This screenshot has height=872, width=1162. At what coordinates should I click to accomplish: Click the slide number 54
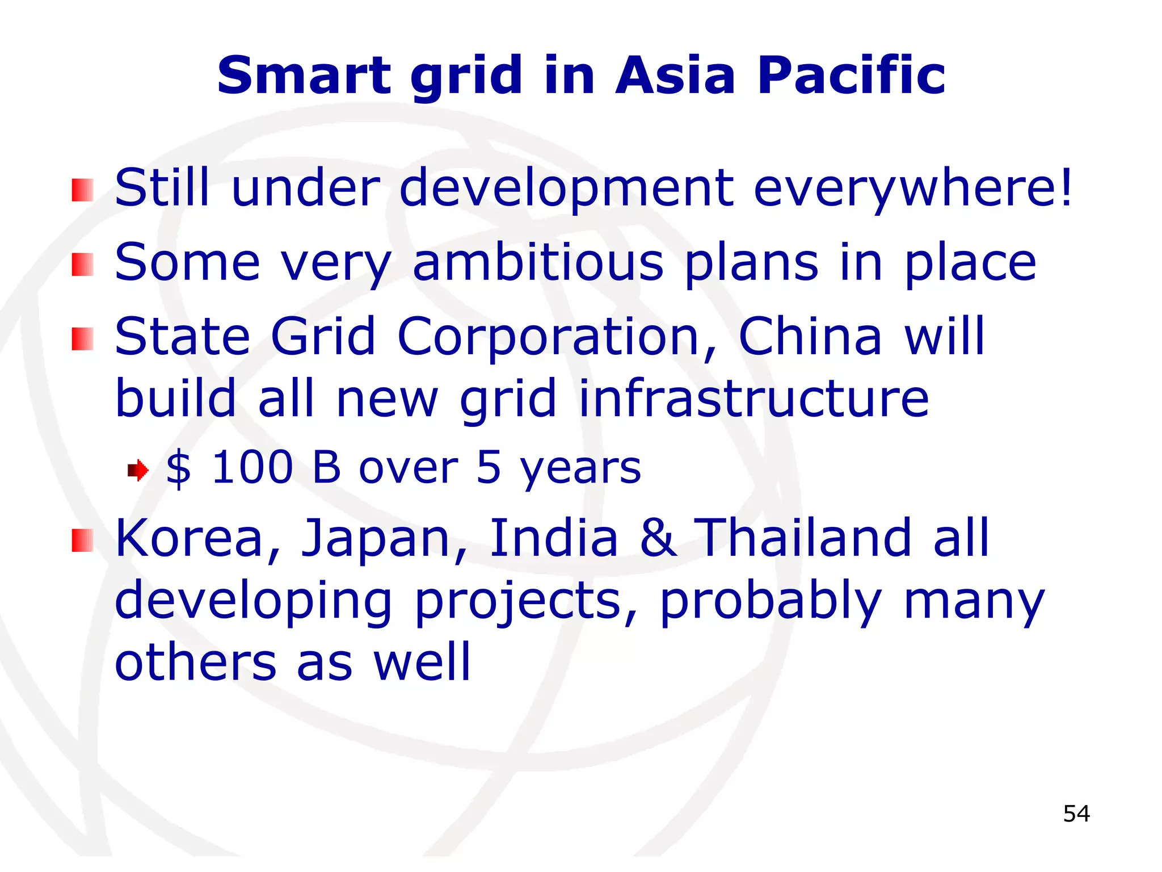tap(1076, 814)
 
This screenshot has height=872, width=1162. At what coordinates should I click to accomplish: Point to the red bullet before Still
tap(82, 190)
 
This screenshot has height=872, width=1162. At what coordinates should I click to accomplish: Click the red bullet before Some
tap(82, 265)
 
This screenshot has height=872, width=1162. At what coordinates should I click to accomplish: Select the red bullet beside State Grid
tap(82, 339)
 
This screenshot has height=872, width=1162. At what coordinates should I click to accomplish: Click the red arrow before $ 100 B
tap(138, 470)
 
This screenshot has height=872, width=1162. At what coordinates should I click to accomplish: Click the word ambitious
tap(538, 262)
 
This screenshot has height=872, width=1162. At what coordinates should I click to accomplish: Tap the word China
tap(810, 337)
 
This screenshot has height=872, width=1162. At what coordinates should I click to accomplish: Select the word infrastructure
tap(753, 399)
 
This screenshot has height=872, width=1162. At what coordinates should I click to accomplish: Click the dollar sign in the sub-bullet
tap(178, 468)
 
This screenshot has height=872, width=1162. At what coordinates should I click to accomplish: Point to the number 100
tap(252, 468)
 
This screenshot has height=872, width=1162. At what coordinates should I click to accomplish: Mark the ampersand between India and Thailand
tap(658, 538)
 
